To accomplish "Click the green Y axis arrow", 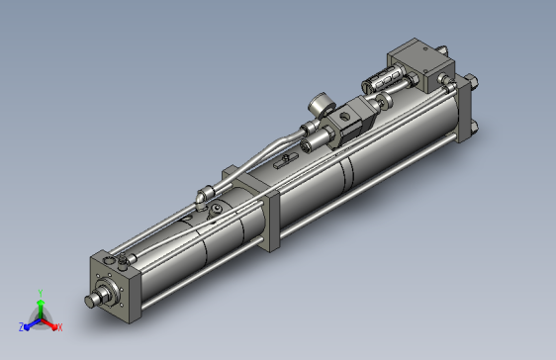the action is point(41,308).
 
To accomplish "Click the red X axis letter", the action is point(60,327).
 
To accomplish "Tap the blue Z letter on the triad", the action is point(21,327).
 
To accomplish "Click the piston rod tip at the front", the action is point(90,302).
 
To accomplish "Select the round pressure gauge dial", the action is point(322,104).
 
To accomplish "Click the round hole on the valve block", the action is point(344,116).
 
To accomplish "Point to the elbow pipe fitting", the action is point(205,195).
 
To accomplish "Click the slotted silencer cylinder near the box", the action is point(381,79).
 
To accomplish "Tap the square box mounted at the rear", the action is point(420,65).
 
